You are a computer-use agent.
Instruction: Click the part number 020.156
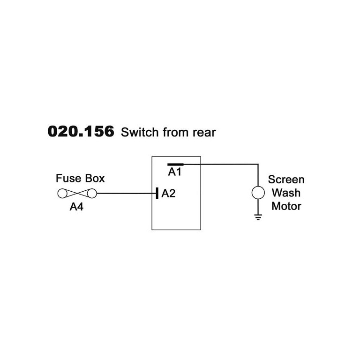[81, 132]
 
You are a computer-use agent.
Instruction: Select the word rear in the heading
[204, 133]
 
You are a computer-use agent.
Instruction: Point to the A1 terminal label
[175, 172]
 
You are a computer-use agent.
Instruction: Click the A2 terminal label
[168, 193]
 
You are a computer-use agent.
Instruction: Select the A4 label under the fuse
[76, 207]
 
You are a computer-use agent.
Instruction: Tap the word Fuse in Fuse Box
[67, 179]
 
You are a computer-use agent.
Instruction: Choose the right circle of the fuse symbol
[91, 193]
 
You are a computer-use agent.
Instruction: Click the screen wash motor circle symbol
[258, 193]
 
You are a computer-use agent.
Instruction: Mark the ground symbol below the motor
[258, 217]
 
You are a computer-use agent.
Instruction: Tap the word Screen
[286, 180]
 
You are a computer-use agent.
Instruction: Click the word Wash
[286, 193]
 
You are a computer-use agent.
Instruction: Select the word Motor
[286, 206]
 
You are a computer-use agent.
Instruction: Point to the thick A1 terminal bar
[175, 165]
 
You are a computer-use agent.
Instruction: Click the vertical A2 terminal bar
[157, 193]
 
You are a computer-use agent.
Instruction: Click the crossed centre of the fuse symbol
[76, 193]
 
